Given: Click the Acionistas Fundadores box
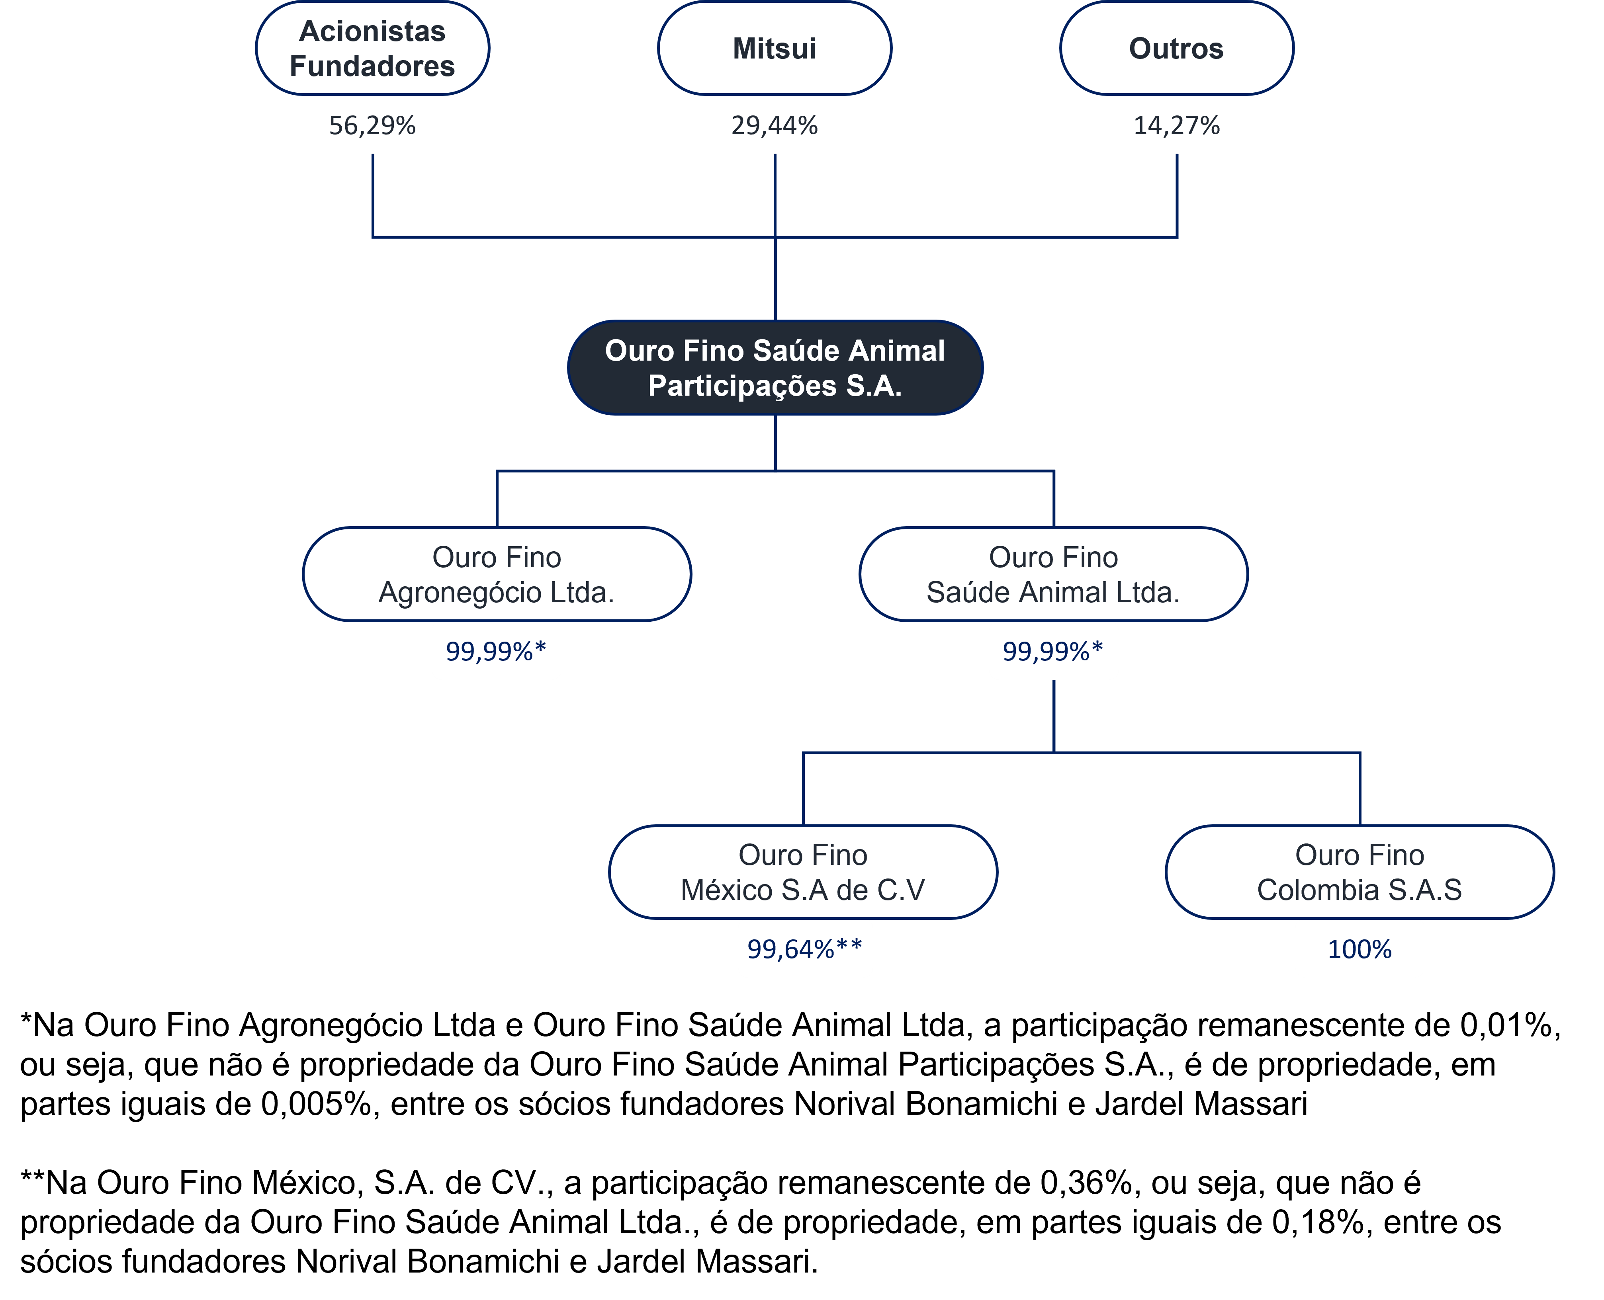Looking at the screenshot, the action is (x=372, y=48).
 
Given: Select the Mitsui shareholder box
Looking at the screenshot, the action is (x=775, y=48).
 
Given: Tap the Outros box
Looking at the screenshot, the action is (x=1176, y=48).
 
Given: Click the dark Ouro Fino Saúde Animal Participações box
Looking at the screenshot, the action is (x=775, y=368).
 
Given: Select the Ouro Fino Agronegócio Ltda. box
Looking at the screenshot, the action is (x=497, y=574).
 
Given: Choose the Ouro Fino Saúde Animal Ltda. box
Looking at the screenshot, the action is (x=1053, y=574).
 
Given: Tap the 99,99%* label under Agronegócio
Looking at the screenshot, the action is (x=496, y=652).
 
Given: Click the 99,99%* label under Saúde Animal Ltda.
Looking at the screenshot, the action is (x=1052, y=652).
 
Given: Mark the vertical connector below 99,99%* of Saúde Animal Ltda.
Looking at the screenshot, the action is (x=1053, y=716).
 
